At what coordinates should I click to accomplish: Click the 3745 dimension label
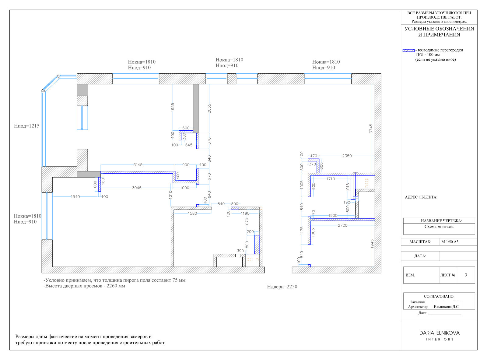pyautogui.click(x=371, y=129)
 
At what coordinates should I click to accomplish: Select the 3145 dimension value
pyautogui.click(x=138, y=164)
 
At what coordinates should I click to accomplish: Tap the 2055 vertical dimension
pyautogui.click(x=209, y=108)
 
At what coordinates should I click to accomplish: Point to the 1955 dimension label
pyautogui.click(x=173, y=108)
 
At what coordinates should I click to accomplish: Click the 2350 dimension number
pyautogui.click(x=347, y=156)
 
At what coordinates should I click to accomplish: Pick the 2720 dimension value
pyautogui.click(x=342, y=225)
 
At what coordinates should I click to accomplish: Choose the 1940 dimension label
pyautogui.click(x=75, y=197)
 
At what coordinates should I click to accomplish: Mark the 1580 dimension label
pyautogui.click(x=192, y=214)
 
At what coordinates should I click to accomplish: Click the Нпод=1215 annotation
pyautogui.click(x=26, y=126)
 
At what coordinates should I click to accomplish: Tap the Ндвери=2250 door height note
pyautogui.click(x=282, y=287)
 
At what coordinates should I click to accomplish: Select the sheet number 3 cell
pyautogui.click(x=466, y=275)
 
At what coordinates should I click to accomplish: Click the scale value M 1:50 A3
pyautogui.click(x=450, y=242)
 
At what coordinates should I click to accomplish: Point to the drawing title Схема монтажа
pyautogui.click(x=439, y=227)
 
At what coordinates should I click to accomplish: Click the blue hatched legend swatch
pyautogui.click(x=408, y=51)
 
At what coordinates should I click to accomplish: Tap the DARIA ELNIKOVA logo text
pyautogui.click(x=439, y=333)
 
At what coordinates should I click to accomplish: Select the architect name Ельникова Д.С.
pyautogui.click(x=447, y=307)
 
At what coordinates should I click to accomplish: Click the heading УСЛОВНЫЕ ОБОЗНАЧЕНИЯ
pyautogui.click(x=439, y=29)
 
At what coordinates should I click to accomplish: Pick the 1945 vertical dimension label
pyautogui.click(x=372, y=244)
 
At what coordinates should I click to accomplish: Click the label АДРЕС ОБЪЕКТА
pyautogui.click(x=421, y=197)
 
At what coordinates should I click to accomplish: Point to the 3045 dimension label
pyautogui.click(x=137, y=188)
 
